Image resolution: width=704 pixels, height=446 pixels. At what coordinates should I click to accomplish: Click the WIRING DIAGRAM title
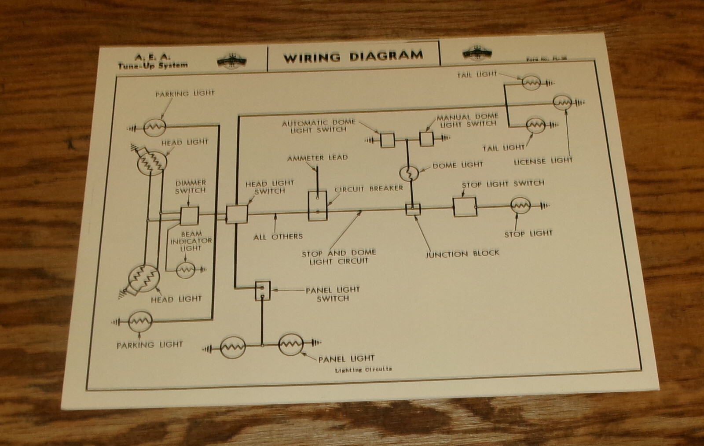pos(353,56)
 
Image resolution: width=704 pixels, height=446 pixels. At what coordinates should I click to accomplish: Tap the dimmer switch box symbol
pos(190,216)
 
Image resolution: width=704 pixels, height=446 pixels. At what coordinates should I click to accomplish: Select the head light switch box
pos(237,214)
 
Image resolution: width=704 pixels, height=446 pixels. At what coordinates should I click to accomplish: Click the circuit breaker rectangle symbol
pos(317,205)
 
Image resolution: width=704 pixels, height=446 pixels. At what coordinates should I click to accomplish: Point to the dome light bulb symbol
pos(408,173)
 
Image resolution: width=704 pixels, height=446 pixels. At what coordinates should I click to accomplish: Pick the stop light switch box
pos(465,206)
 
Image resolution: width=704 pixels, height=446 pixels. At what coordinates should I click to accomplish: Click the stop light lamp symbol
pos(521,206)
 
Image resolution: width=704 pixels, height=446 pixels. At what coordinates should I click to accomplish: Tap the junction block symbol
pos(413,209)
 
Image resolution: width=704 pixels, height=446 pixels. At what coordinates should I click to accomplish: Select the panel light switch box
pos(263,291)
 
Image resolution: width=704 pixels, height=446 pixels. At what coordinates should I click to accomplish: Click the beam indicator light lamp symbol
pos(186,270)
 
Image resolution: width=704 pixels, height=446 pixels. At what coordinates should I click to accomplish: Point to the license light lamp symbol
pos(562,103)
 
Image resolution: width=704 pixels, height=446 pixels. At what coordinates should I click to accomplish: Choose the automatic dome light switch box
pos(387,140)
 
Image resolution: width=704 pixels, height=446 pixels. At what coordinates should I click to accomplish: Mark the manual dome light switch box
pos(426,139)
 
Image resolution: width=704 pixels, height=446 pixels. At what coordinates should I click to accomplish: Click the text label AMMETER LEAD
pos(317,158)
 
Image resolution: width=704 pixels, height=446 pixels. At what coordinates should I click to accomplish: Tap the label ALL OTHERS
pos(278,236)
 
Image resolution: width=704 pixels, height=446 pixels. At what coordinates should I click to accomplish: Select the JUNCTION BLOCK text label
pos(462,254)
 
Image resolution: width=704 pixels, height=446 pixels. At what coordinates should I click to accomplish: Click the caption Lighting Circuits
pos(363,369)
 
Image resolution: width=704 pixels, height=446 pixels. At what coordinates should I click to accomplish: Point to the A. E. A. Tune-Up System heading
pos(152,61)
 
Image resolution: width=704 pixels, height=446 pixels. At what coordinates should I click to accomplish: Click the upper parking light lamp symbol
pos(154,128)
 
